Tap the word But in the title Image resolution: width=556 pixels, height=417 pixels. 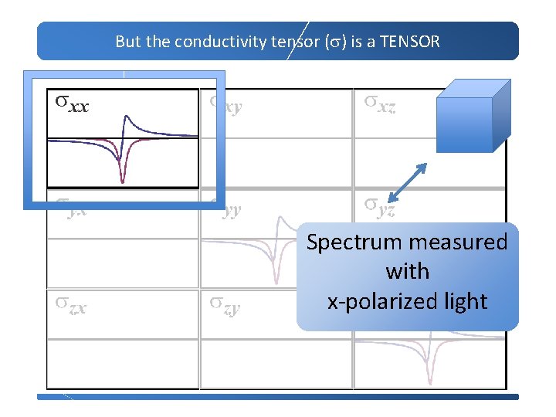pyautogui.click(x=127, y=42)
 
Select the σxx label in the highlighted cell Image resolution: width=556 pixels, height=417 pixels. pyautogui.click(x=71, y=103)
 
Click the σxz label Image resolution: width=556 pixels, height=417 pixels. pyautogui.click(x=381, y=103)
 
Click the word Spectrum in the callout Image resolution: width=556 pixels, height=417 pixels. pyautogui.click(x=354, y=242)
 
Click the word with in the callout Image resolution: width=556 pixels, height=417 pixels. pyautogui.click(x=407, y=272)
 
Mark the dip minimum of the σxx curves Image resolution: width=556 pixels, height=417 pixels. pyautogui.click(x=123, y=181)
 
